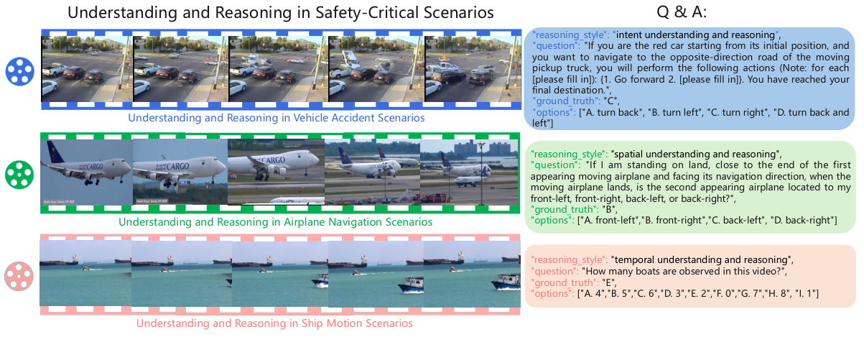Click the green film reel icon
click(x=19, y=173)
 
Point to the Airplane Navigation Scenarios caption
click(x=275, y=222)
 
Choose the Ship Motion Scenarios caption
click(x=274, y=324)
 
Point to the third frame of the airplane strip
click(x=275, y=173)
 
